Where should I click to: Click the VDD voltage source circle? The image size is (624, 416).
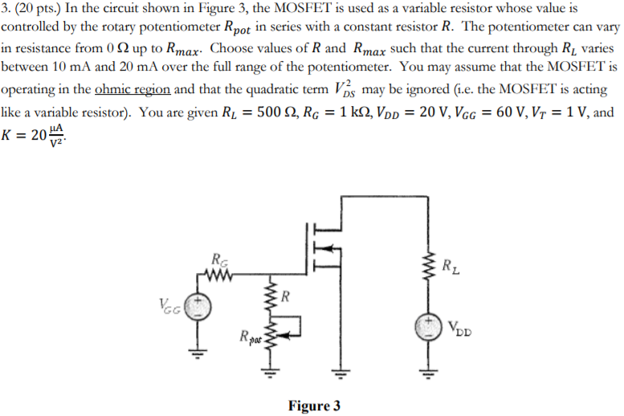tap(427, 326)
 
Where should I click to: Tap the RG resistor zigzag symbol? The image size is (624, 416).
tap(218, 276)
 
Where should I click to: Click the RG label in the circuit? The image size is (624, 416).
tap(218, 259)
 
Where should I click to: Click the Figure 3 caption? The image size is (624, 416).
tap(315, 406)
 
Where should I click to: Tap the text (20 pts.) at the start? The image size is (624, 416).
tap(39, 8)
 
